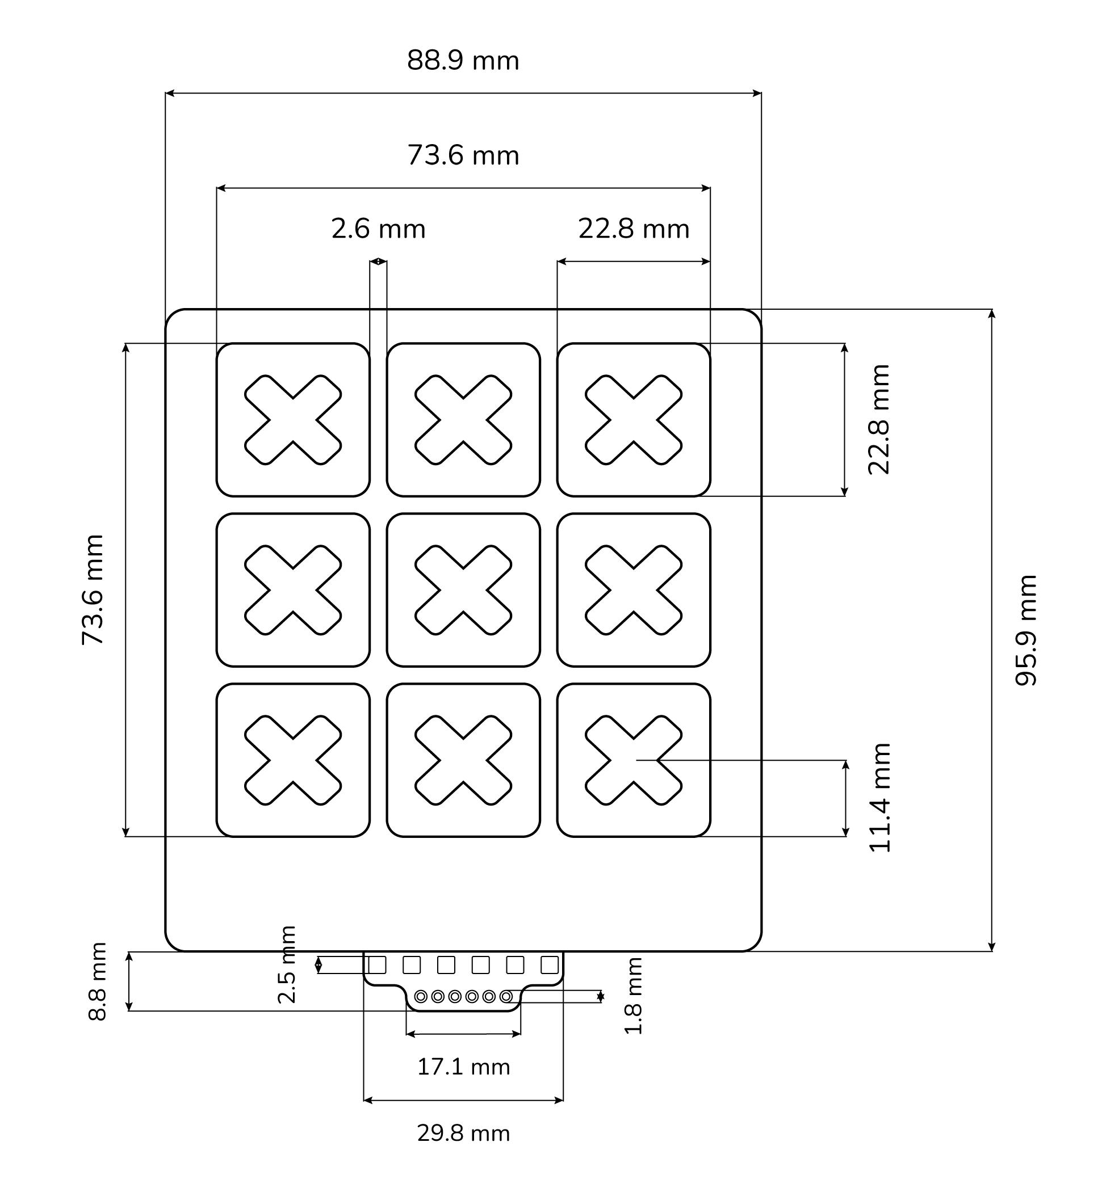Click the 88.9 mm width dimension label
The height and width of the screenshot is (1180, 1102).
(x=463, y=61)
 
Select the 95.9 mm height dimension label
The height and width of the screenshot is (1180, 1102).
(x=1025, y=630)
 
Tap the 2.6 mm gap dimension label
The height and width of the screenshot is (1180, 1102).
(x=379, y=229)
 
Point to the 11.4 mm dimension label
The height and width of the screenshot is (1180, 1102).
(x=880, y=798)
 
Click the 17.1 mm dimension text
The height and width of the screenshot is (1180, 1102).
(x=463, y=1067)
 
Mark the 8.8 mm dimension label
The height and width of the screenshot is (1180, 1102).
(x=98, y=981)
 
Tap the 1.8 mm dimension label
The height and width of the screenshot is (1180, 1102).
(x=634, y=996)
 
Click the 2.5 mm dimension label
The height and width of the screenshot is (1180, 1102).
(x=287, y=964)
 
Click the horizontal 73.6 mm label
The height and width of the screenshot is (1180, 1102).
(x=463, y=155)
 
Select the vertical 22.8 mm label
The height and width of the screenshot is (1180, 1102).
(x=879, y=420)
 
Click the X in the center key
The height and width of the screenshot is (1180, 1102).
(x=463, y=590)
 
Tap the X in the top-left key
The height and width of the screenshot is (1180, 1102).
(x=293, y=420)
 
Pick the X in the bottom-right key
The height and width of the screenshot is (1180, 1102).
(x=634, y=760)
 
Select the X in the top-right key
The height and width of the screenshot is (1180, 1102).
(x=634, y=420)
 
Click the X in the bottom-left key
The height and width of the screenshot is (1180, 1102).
(x=293, y=760)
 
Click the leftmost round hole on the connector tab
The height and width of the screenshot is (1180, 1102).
(x=421, y=997)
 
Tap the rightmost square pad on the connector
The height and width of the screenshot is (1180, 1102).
(x=550, y=965)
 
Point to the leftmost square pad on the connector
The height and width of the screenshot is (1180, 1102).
(x=377, y=965)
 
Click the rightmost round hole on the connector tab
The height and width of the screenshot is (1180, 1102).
(x=506, y=997)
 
